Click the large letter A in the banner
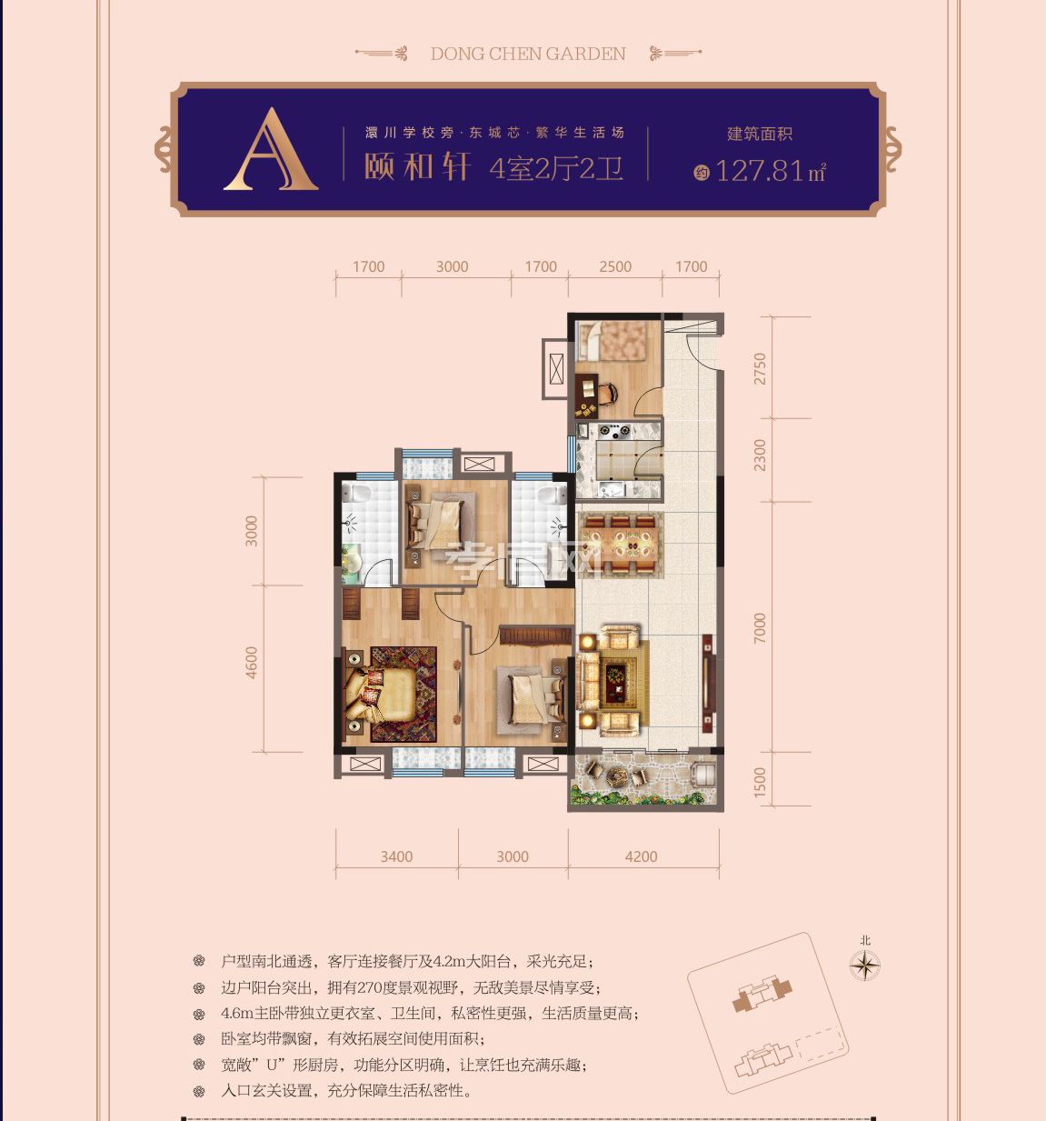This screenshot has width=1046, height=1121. tap(271, 151)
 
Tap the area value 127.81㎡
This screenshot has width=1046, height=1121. tap(770, 170)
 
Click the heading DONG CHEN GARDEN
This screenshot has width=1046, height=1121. tap(528, 54)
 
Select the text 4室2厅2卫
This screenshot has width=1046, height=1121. tap(556, 168)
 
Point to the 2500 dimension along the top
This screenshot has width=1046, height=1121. tap(615, 266)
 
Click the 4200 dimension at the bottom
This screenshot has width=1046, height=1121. tap(642, 856)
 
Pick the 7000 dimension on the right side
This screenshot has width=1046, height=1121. tap(760, 628)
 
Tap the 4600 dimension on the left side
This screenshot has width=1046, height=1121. tap(252, 662)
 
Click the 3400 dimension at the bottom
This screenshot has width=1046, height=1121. tap(396, 856)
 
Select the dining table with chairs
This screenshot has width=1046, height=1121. tap(621, 545)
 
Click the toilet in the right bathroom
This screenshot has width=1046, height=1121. tap(547, 495)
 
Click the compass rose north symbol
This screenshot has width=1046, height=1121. tap(865, 965)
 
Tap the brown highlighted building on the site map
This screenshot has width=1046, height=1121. tap(762, 995)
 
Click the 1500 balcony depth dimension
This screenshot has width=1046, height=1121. tap(760, 783)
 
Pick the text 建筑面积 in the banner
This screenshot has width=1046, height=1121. tap(760, 134)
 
